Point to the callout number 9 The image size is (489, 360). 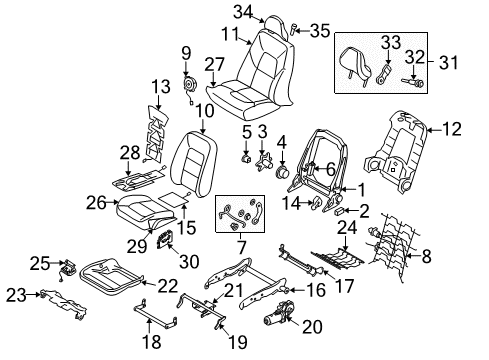pyautogui.click(x=186, y=52)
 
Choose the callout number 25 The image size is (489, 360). pyautogui.click(x=38, y=262)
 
